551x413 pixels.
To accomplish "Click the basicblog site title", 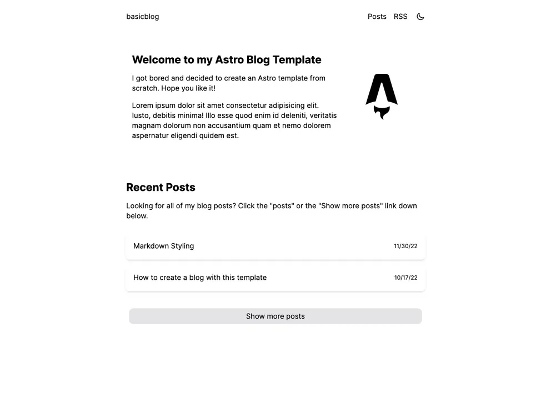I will [143, 17].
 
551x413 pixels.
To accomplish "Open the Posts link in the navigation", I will [377, 17].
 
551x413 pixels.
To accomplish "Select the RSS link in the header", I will [400, 17].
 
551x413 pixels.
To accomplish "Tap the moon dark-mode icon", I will [420, 17].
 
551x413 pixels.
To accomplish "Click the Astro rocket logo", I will [382, 89].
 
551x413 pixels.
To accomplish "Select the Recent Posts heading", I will [161, 188].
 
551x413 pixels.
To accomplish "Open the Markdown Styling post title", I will [164, 246].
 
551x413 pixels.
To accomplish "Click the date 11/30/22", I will [405, 246].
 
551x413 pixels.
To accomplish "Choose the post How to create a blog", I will [200, 278].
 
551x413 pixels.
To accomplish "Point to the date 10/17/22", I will [405, 278].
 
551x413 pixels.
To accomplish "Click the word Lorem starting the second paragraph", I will [142, 105].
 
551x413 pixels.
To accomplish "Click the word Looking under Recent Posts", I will [139, 206].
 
